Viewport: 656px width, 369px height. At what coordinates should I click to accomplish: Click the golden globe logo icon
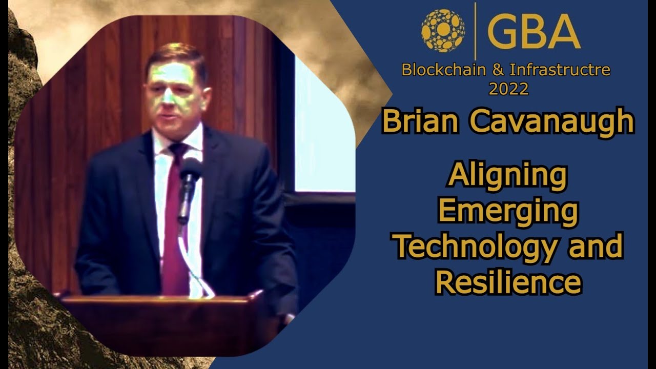point(443,31)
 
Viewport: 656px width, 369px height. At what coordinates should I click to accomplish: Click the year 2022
point(508,89)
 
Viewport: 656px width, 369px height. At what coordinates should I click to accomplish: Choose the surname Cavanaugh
point(551,121)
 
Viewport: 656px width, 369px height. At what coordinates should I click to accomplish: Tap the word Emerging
point(508,211)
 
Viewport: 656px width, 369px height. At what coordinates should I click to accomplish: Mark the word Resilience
point(508,282)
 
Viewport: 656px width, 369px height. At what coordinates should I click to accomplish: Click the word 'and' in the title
point(595,246)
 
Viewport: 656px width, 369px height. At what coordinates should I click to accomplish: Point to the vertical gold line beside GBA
point(475,31)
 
